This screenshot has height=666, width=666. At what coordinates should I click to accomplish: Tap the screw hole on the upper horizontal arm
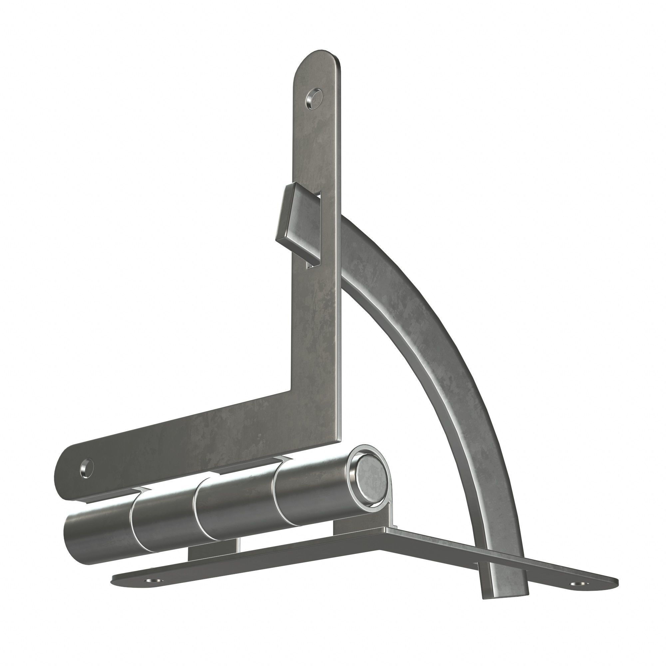(87, 468)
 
